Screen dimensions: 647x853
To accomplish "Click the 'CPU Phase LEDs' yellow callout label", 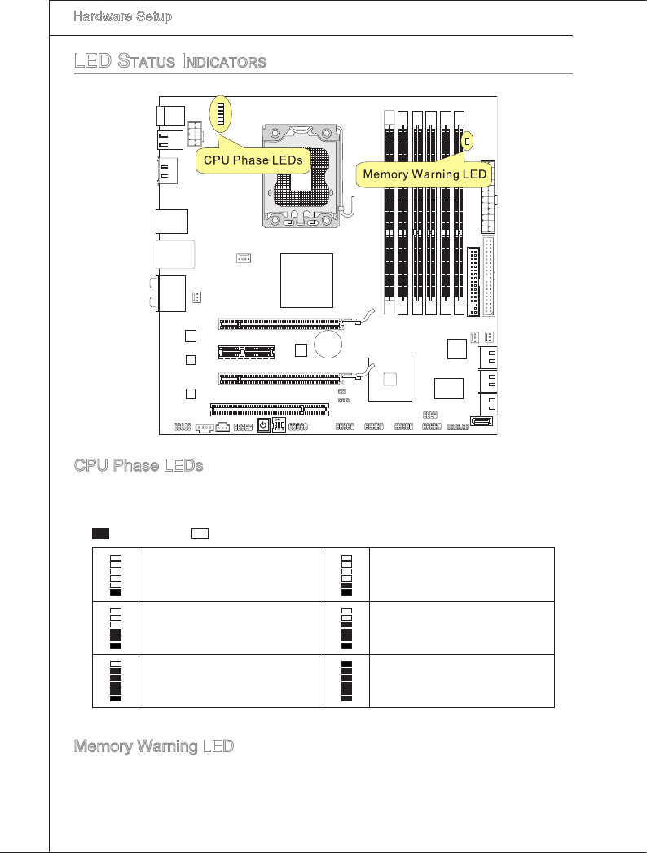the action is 253,160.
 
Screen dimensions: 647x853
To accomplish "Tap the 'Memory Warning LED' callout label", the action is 425,174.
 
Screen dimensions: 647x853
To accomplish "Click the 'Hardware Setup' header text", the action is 122,16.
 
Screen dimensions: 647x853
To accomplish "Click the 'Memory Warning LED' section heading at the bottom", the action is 154,745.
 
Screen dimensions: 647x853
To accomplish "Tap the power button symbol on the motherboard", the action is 263,425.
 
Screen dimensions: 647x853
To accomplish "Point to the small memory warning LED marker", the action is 467,142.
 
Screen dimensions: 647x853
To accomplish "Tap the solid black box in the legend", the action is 100,533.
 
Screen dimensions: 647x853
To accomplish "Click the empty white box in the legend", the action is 200,533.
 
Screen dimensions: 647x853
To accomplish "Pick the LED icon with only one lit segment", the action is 116,574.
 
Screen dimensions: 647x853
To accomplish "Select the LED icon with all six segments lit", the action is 347,681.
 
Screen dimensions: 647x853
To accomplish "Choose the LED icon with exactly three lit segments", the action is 116,627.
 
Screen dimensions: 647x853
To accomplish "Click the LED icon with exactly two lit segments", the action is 347,574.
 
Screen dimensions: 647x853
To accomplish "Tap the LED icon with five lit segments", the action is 116,681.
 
